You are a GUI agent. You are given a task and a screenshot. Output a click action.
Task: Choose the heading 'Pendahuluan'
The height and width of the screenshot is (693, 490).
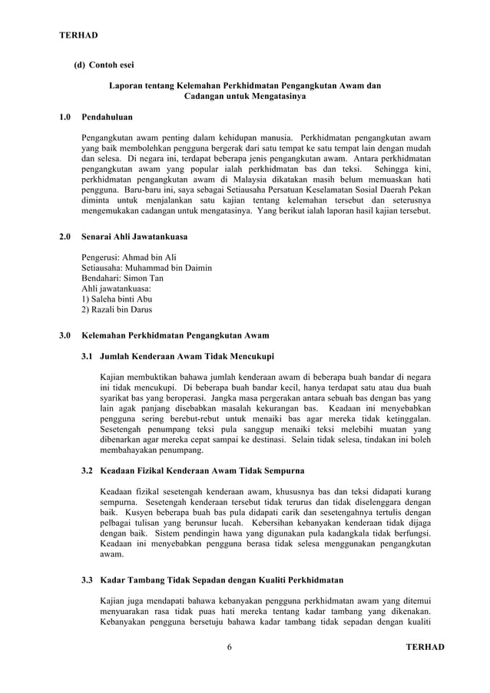pos(107,118)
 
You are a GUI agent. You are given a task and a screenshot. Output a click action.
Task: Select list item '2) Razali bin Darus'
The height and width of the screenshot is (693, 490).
pos(117,310)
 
